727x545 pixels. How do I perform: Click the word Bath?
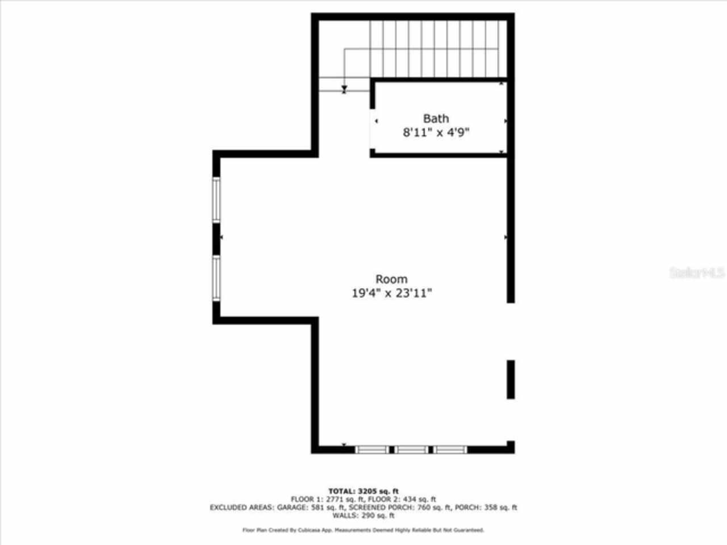tap(436, 119)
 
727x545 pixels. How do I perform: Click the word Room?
tap(391, 279)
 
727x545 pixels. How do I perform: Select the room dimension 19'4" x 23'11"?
tap(391, 293)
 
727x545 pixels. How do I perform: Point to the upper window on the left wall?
tap(216, 199)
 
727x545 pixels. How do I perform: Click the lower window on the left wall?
tap(216, 278)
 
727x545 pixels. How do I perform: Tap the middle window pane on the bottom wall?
tap(412, 450)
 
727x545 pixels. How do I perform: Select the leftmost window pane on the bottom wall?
tap(373, 450)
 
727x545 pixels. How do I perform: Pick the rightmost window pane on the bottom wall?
tap(450, 450)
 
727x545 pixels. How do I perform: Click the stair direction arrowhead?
tap(344, 90)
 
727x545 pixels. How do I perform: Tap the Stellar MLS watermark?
tap(696, 273)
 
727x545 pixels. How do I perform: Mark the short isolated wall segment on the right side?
tap(511, 379)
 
